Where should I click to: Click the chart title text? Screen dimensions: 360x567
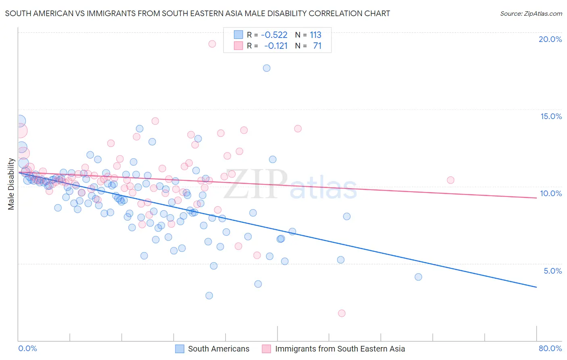[x=198, y=13]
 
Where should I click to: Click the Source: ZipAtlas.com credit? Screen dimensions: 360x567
[x=531, y=13]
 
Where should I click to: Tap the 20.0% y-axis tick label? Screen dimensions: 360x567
[x=550, y=39]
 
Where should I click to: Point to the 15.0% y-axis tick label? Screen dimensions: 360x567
[x=551, y=116]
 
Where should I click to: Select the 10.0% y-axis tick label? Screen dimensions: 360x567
[x=551, y=193]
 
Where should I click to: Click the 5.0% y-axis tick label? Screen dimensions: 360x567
[x=552, y=271]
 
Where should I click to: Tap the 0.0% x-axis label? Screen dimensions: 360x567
[x=27, y=348]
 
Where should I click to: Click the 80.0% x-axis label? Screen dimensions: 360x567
[x=550, y=348]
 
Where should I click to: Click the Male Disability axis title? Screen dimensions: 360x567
[x=11, y=184]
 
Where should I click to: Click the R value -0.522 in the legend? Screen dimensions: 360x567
[x=274, y=35]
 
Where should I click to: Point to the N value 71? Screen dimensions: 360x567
[x=317, y=46]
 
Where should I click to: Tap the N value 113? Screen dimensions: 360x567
[x=315, y=35]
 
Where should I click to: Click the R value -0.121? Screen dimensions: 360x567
[x=276, y=46]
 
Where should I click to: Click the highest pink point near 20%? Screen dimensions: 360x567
[x=212, y=44]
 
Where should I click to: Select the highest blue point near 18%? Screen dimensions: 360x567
[x=267, y=68]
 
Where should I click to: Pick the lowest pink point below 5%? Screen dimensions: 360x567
[x=342, y=313]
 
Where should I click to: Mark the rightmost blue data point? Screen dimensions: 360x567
[x=418, y=277]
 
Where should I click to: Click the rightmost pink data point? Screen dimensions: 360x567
[x=450, y=180]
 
